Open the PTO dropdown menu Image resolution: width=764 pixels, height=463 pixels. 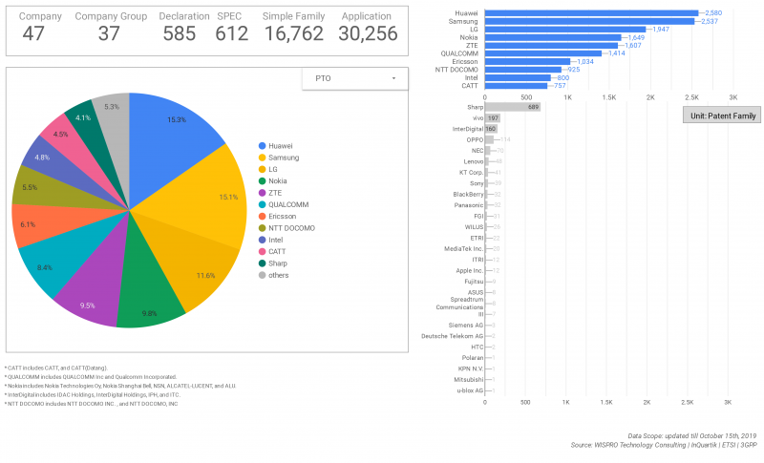pos(352,78)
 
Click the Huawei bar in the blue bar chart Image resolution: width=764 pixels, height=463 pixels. pos(592,12)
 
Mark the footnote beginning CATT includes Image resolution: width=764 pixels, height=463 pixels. pos(57,368)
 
